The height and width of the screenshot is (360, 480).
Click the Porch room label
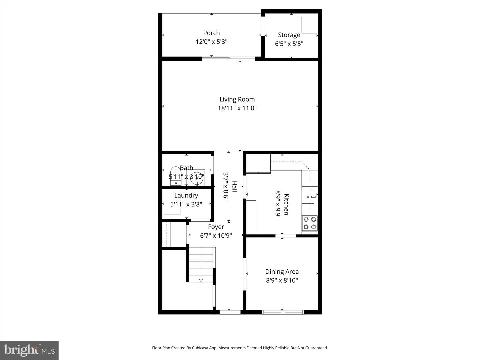[211, 33]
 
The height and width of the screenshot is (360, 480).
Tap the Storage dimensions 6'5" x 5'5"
[289, 44]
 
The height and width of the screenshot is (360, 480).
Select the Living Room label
[237, 99]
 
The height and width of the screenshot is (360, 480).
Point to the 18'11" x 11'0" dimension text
[237, 108]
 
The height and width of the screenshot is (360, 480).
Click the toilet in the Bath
[175, 176]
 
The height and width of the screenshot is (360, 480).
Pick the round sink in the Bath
[197, 178]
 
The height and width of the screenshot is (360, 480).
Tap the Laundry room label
[186, 195]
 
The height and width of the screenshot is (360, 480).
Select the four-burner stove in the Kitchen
[310, 223]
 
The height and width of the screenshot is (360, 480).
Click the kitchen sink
[309, 197]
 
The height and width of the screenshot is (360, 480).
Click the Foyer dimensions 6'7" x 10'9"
[216, 236]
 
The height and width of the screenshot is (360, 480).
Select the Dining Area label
[282, 272]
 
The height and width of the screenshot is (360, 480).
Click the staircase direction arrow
[201, 280]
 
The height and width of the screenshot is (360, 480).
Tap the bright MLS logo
[29, 350]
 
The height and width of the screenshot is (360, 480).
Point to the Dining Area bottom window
[283, 312]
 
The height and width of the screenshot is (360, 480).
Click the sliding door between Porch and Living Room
[228, 59]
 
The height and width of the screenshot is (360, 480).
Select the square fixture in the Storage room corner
[310, 25]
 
